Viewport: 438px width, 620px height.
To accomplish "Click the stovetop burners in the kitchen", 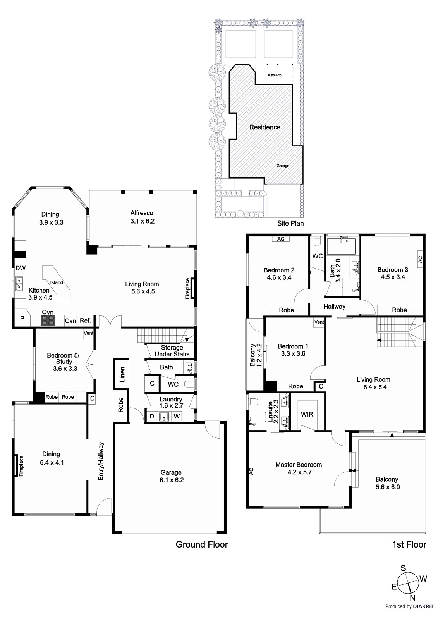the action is pyautogui.click(x=48, y=320).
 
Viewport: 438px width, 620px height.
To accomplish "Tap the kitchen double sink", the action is pyautogui.click(x=19, y=284).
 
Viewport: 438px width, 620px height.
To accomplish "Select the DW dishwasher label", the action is pyautogui.click(x=21, y=268).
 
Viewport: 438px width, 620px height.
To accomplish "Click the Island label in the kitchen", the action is pyautogui.click(x=57, y=282).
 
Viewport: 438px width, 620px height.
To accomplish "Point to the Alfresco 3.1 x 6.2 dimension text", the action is pyautogui.click(x=143, y=221).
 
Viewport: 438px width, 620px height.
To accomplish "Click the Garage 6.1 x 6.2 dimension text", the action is pyautogui.click(x=172, y=480).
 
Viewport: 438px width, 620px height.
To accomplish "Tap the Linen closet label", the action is pyautogui.click(x=122, y=374).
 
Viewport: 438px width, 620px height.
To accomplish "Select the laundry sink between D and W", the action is pyautogui.click(x=164, y=416).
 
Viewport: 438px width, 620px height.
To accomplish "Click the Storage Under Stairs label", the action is pyautogui.click(x=172, y=351).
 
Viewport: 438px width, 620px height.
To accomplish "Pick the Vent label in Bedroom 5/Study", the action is pyautogui.click(x=89, y=333).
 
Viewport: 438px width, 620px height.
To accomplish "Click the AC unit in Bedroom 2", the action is pyautogui.click(x=280, y=239).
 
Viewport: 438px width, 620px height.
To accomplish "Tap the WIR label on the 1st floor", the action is pyautogui.click(x=307, y=414).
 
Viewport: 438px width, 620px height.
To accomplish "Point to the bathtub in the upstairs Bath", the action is pyautogui.click(x=341, y=246).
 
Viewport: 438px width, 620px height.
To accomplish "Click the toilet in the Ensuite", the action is pyautogui.click(x=253, y=401).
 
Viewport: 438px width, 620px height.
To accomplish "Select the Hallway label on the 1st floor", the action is pyautogui.click(x=334, y=307).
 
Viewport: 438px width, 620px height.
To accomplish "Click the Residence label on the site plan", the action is pyautogui.click(x=265, y=127).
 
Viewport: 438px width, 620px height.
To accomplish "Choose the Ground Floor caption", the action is pyautogui.click(x=202, y=545).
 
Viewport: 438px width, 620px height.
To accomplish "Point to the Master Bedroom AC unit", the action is pyautogui.click(x=251, y=472).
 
